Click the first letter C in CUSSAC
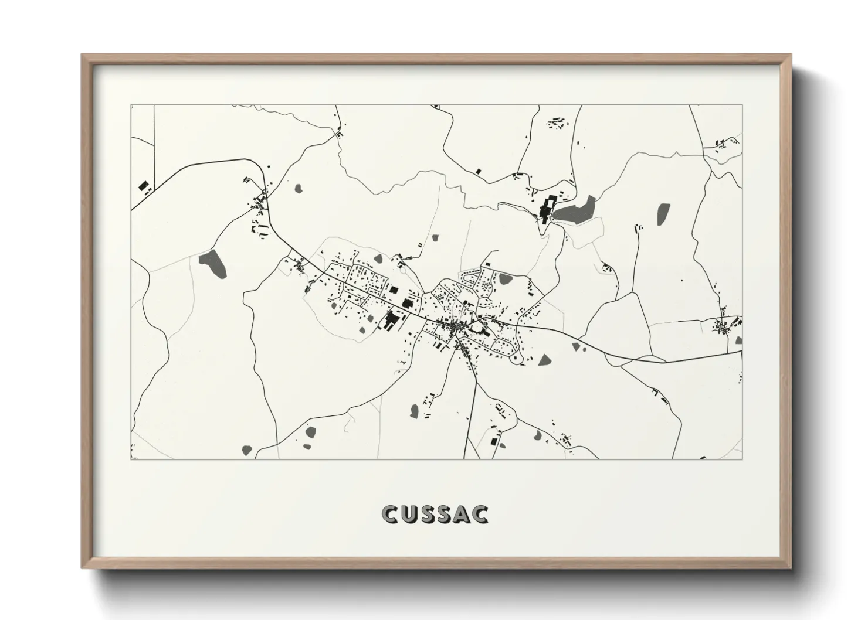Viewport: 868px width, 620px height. (389, 515)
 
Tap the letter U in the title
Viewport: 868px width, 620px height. (410, 515)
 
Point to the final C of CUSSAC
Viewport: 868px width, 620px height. (480, 515)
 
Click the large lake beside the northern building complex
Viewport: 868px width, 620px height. (575, 210)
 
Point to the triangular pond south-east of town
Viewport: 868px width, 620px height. (545, 359)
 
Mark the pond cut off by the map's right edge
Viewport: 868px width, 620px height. (739, 340)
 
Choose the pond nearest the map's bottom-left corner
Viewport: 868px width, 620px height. (247, 450)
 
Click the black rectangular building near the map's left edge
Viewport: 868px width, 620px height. (143, 186)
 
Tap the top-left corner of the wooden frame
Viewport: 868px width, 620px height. (83, 56)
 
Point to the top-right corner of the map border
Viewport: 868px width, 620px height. (742, 105)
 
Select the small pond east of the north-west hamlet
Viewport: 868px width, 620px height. (299, 189)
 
